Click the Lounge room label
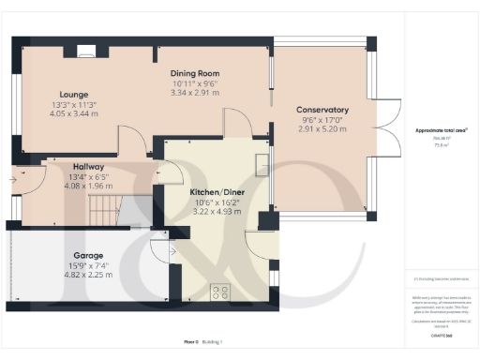click(x=74, y=95)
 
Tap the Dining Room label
click(x=194, y=73)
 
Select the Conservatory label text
click(x=322, y=109)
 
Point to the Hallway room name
click(x=88, y=166)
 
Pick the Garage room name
click(x=88, y=255)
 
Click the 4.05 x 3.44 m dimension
click(x=74, y=114)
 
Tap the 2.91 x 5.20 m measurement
click(x=322, y=129)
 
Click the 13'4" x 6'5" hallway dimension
click(x=88, y=175)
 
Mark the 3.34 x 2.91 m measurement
click(x=194, y=94)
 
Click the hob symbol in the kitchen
click(x=222, y=292)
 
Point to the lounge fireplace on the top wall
click(x=84, y=52)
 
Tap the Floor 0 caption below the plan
click(x=191, y=342)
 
